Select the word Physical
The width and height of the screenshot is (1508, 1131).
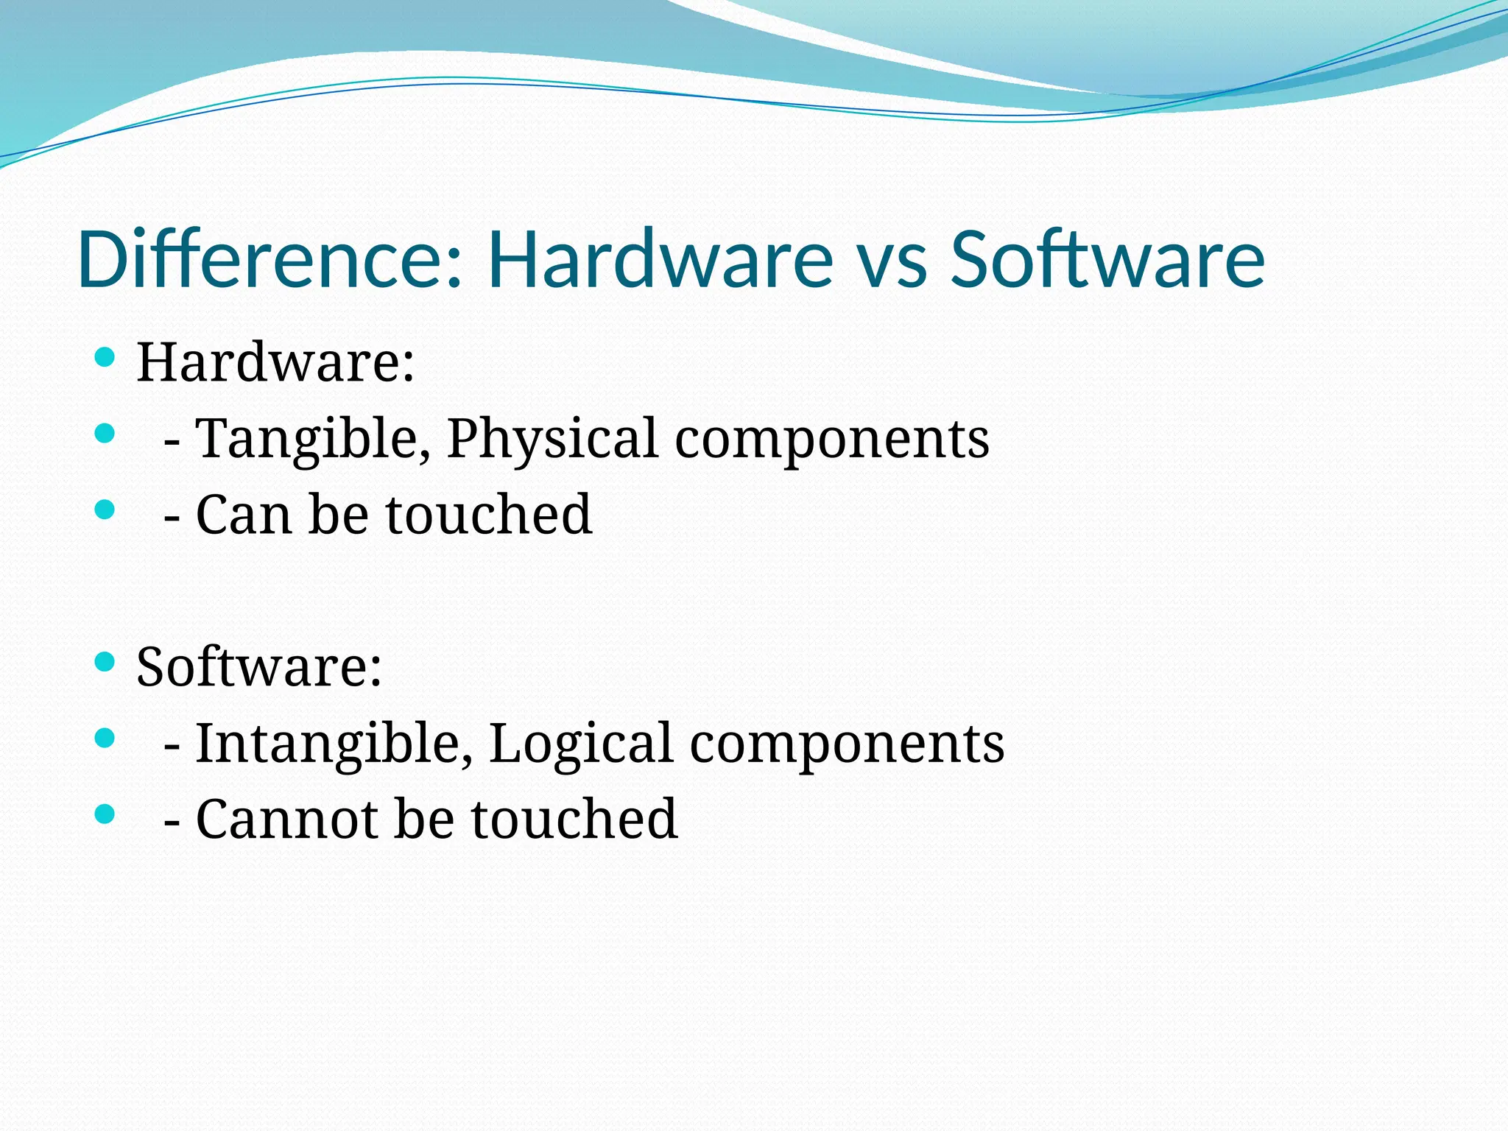[x=552, y=440]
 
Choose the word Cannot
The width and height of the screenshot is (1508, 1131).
[x=286, y=819]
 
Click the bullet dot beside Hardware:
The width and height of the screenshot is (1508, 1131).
[x=105, y=358]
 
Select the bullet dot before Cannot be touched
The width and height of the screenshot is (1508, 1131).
[x=105, y=814]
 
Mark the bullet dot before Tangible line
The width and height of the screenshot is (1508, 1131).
[x=105, y=433]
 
